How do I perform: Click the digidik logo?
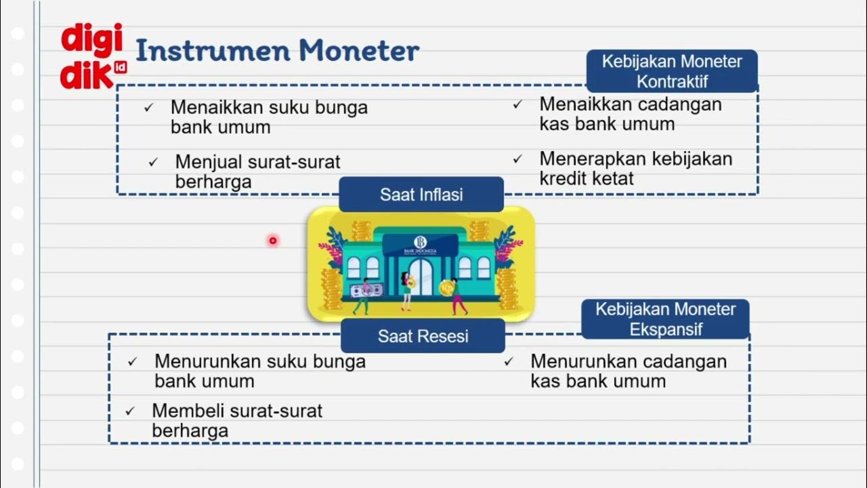(92, 57)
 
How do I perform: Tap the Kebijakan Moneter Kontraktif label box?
(672, 71)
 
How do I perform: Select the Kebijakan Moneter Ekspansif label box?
(665, 319)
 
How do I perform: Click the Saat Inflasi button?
(421, 195)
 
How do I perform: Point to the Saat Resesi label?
(423, 336)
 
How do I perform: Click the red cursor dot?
(273, 241)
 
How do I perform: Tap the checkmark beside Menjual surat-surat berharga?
(153, 163)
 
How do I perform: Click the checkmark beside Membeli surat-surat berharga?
(130, 411)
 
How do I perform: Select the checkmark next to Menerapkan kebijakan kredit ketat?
(517, 159)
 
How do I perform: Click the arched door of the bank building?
(420, 277)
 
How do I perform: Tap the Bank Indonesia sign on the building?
(420, 245)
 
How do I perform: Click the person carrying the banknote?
(364, 295)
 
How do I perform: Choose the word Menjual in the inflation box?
(207, 163)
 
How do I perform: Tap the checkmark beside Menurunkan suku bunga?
(132, 362)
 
